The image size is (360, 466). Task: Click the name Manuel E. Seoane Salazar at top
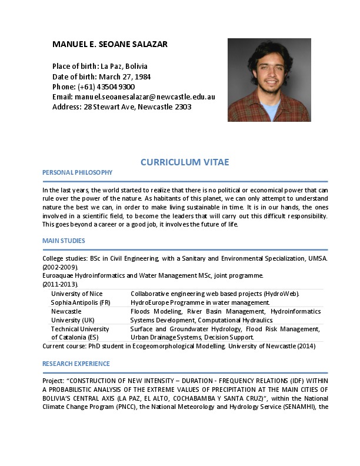tap(110, 45)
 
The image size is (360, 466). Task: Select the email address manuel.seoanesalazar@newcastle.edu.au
tap(144, 96)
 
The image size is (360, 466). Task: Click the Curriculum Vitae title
tap(185, 162)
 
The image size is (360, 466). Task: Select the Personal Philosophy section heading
tap(77, 172)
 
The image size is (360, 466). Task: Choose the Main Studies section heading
tap(64, 241)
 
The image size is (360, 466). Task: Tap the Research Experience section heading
tap(76, 364)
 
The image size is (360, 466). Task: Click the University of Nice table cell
tap(76, 294)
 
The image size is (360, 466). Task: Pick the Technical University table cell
tap(80, 329)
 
